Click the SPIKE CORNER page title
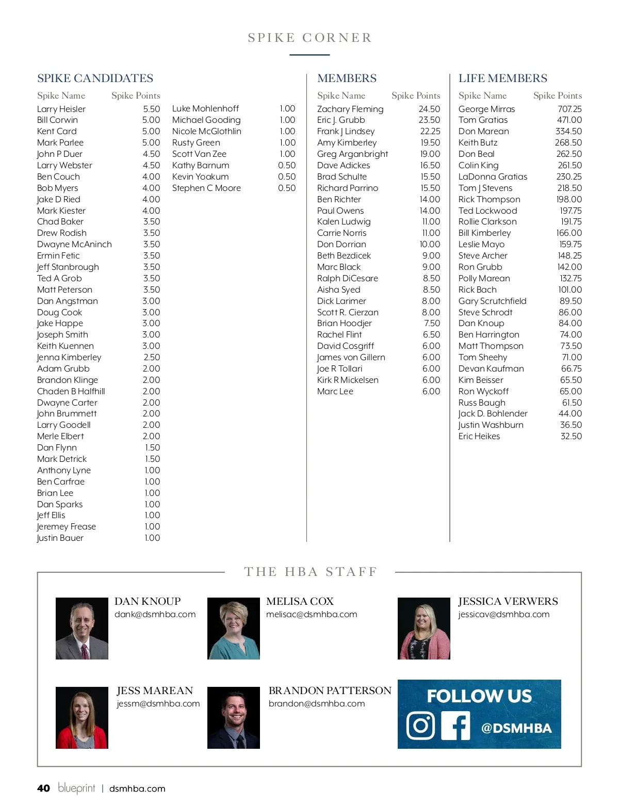coord(309,38)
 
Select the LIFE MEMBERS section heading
coord(502,78)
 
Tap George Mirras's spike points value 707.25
coord(569,109)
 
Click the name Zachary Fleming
coord(350,109)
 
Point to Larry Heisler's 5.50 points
coord(151,109)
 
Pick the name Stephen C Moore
coord(206,188)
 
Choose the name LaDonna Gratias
coord(493,176)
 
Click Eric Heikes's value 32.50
coord(571,436)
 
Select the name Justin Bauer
coord(60,538)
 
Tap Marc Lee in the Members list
coord(335,391)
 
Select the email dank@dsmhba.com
coord(155,614)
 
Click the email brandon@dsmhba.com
coord(316,703)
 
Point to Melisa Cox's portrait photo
coord(234,628)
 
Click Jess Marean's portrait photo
coord(82,717)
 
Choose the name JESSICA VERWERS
coord(508,601)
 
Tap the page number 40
coord(43,788)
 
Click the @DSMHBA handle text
coord(516,728)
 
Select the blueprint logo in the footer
coord(76,788)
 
